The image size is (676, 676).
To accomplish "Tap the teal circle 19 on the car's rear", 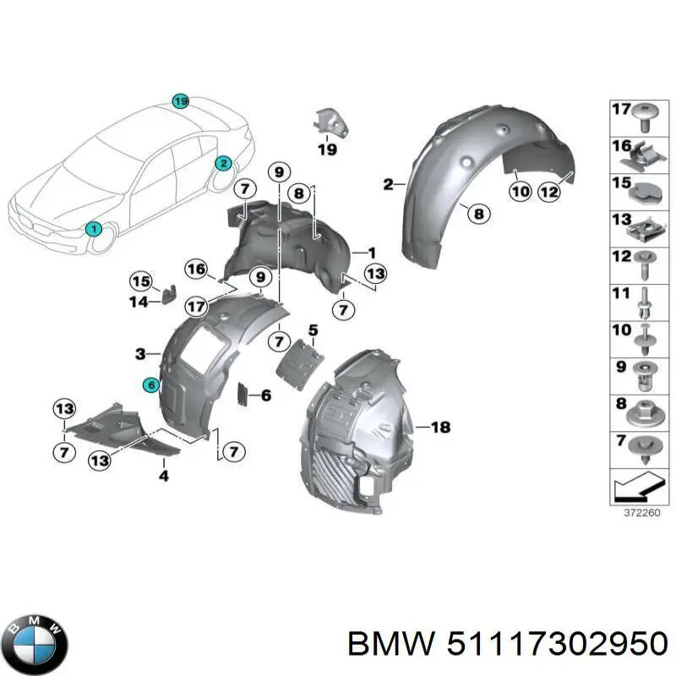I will (x=179, y=102).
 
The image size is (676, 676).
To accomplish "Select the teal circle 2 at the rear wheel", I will (x=223, y=163).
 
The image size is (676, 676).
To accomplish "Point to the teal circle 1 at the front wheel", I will (x=95, y=228).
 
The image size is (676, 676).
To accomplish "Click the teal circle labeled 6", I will (x=150, y=384).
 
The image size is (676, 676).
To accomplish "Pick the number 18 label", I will (x=441, y=428).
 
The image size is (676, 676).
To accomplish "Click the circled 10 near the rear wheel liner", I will (x=520, y=192).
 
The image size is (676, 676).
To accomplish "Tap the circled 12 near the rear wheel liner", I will (x=549, y=192).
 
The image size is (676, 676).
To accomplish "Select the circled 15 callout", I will (x=139, y=281).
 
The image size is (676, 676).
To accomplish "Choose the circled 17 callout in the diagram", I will (x=196, y=306).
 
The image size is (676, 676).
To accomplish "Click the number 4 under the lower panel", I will (x=164, y=476).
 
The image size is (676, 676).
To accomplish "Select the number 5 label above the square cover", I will (x=312, y=330).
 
